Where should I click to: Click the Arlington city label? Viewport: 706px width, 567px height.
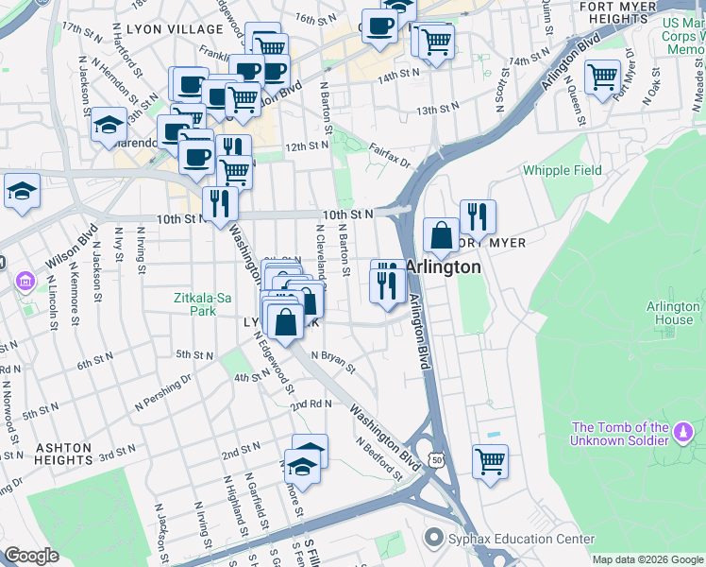tap(444, 267)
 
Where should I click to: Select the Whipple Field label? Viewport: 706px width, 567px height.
tap(563, 171)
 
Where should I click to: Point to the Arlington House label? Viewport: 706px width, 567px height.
tap(673, 313)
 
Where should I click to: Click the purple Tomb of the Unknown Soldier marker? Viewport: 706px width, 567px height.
tap(682, 434)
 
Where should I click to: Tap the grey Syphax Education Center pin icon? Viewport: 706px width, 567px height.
tap(433, 539)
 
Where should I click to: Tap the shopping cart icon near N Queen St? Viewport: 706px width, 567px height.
tap(602, 77)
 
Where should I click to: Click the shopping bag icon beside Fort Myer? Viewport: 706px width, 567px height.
tap(441, 236)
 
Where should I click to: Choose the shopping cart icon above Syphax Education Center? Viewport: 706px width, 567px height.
tap(490, 462)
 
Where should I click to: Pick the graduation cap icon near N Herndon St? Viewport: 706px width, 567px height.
tap(109, 125)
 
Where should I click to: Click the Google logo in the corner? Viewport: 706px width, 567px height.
tap(31, 556)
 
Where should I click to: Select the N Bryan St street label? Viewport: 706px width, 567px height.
tap(333, 360)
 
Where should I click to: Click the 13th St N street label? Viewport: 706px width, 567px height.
tap(438, 110)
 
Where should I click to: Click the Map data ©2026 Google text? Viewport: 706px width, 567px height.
tap(647, 559)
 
